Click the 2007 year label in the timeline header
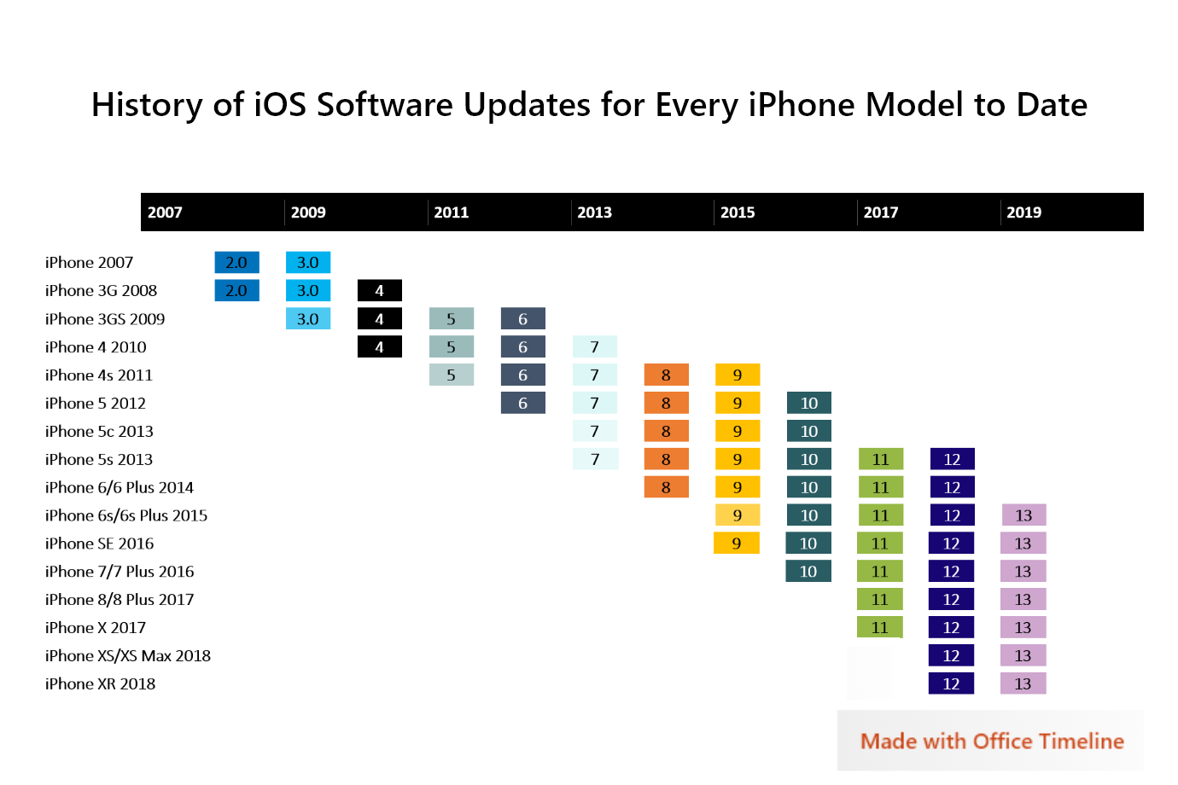pyautogui.click(x=165, y=212)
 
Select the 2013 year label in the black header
pyautogui.click(x=594, y=212)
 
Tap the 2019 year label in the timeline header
pyautogui.click(x=1023, y=212)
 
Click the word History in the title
pyautogui.click(x=147, y=105)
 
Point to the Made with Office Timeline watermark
pyautogui.click(x=991, y=741)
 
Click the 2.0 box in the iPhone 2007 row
pyautogui.click(x=236, y=263)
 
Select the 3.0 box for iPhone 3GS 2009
pyautogui.click(x=308, y=319)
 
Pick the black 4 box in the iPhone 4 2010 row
pyautogui.click(x=380, y=347)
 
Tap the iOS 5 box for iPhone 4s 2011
pyautogui.click(x=452, y=375)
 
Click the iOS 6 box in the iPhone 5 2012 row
pyautogui.click(x=523, y=404)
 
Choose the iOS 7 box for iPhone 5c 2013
pyautogui.click(x=595, y=432)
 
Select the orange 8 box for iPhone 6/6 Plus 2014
pyautogui.click(x=667, y=487)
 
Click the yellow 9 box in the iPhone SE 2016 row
pyautogui.click(x=737, y=544)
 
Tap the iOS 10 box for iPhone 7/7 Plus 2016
pyautogui.click(x=808, y=572)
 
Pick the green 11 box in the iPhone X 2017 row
pyautogui.click(x=880, y=628)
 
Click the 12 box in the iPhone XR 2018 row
pyautogui.click(x=952, y=684)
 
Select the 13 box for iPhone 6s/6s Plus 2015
pyautogui.click(x=1023, y=515)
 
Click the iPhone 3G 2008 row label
pyautogui.click(x=101, y=291)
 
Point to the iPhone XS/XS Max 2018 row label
pyautogui.click(x=128, y=656)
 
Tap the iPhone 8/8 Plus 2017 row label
pyautogui.click(x=120, y=600)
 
